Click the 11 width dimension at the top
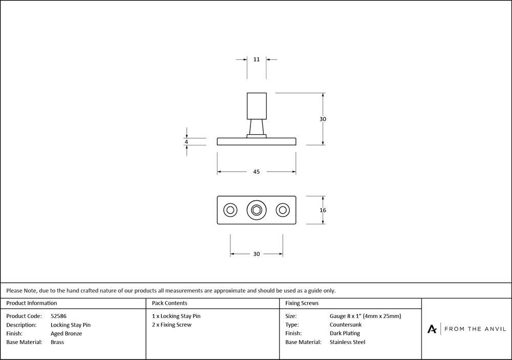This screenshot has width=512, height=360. (257, 59)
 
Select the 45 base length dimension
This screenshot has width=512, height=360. (257, 172)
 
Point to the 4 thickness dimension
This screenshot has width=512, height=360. (186, 142)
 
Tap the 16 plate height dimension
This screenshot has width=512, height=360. (323, 210)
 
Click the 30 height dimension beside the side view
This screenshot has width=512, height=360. (323, 119)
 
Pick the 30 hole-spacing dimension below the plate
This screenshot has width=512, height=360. (257, 253)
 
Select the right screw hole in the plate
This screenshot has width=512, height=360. (283, 210)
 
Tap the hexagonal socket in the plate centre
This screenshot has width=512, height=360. (257, 210)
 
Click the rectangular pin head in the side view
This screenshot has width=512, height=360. (257, 105)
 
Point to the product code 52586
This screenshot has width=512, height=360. (59, 316)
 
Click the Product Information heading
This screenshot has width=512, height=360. (32, 303)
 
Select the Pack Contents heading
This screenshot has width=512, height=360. (169, 303)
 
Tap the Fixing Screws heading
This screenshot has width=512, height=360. (302, 303)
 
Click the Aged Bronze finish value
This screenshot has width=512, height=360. (67, 333)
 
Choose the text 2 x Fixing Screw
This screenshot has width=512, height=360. (172, 325)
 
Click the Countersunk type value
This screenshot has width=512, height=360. (346, 325)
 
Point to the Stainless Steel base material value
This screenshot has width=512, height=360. (348, 342)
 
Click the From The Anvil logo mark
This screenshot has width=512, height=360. (432, 329)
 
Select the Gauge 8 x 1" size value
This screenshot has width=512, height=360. (366, 316)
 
